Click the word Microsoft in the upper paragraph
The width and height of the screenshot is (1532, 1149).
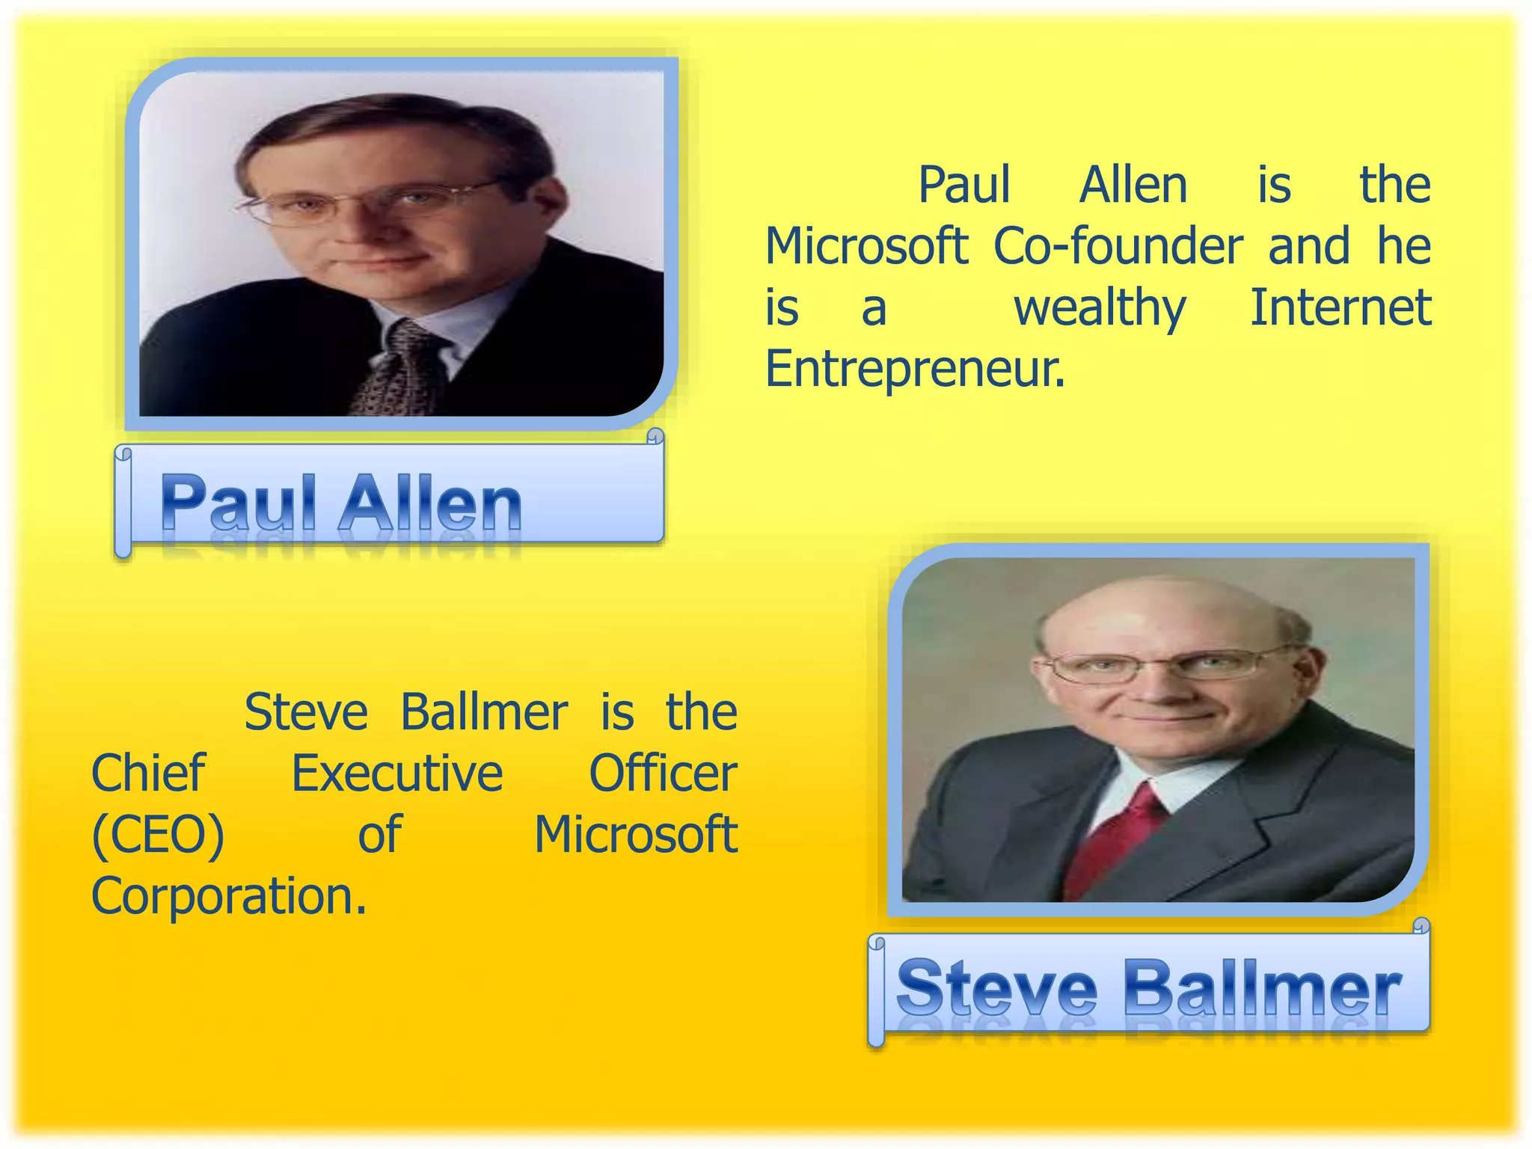coord(866,246)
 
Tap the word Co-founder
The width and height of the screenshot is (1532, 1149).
coord(1118,246)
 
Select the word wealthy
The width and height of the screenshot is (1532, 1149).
coord(1100,308)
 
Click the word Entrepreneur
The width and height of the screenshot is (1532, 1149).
coord(914,369)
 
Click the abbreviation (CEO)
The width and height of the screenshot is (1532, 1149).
coord(158,835)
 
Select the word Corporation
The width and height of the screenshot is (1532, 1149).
coord(229,896)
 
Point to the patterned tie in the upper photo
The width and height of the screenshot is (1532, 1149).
coord(400,370)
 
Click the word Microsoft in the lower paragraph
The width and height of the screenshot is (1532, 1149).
coord(636,835)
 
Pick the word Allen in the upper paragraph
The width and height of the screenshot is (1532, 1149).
coord(1133,185)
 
